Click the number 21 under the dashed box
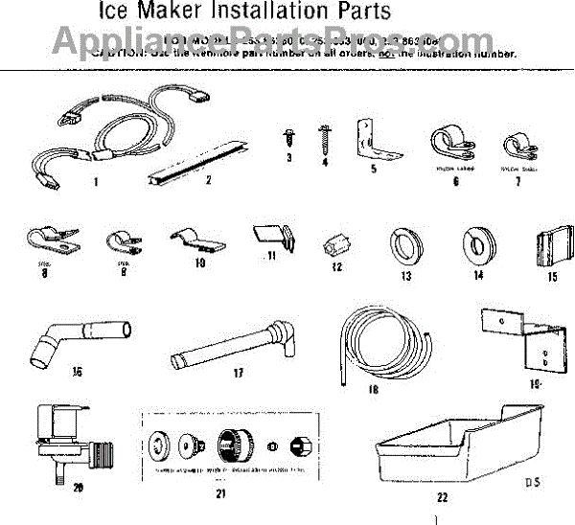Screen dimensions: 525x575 [x=220, y=494]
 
